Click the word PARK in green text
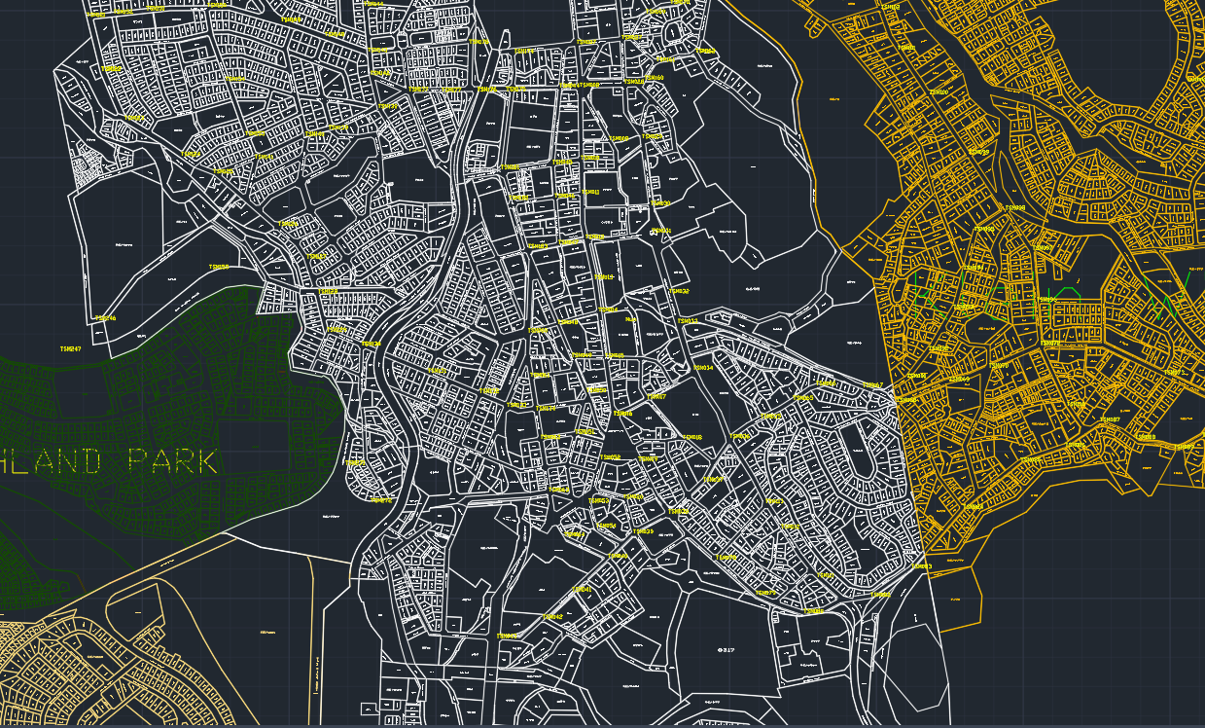coord(171,461)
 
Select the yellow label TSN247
coord(71,348)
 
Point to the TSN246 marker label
coord(106,318)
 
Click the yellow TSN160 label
coord(219,267)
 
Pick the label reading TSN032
coord(679,291)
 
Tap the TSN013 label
coord(687,321)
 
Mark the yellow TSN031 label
coord(661,231)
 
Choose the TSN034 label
coord(702,368)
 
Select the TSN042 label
coord(553,616)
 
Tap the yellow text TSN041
coord(582,589)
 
